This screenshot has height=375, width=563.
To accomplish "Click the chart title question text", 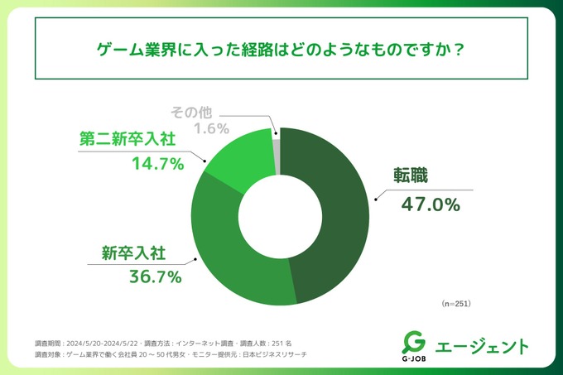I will [x=281, y=49].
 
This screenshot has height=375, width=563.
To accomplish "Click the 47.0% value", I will [x=431, y=202].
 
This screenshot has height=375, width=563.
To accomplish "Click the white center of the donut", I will [x=281, y=216].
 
